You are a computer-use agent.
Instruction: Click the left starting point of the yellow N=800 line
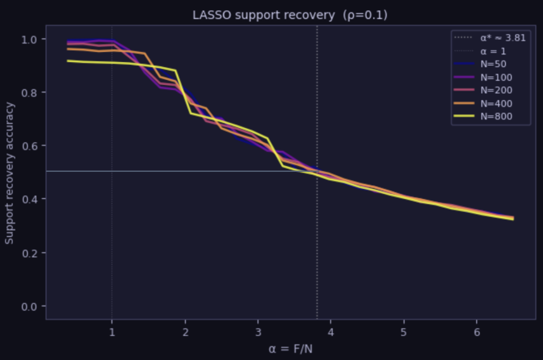(68, 61)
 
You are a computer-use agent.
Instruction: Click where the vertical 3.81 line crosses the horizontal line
(317, 171)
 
